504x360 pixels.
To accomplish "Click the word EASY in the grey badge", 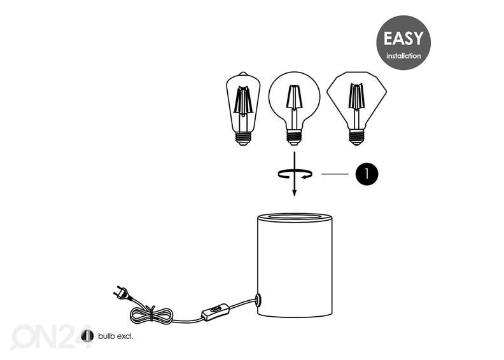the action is point(403,39).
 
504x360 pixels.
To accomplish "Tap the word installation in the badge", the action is point(403,56).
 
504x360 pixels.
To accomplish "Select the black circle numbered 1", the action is point(367,174).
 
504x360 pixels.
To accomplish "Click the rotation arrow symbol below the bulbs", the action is point(295,174).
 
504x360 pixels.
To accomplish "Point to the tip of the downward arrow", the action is point(294,195).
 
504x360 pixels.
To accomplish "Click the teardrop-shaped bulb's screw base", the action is point(243,138).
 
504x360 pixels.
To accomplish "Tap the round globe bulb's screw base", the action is point(295,137).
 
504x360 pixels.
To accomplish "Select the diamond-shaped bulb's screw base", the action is point(356,137).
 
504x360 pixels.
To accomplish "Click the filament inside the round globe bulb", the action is point(294,96).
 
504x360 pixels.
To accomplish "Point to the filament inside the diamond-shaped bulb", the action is point(356,96).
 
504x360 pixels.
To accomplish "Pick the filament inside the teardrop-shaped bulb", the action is point(243,100).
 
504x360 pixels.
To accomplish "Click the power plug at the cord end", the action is point(122,292).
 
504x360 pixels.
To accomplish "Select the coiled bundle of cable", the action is point(151,315).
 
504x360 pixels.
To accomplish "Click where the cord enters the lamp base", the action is point(258,300).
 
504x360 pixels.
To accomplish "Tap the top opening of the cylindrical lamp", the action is point(295,217).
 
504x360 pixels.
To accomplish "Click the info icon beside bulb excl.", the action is point(87,336).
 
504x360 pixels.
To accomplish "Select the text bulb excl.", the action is point(115,336).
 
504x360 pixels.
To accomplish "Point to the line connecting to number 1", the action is point(335,174).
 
